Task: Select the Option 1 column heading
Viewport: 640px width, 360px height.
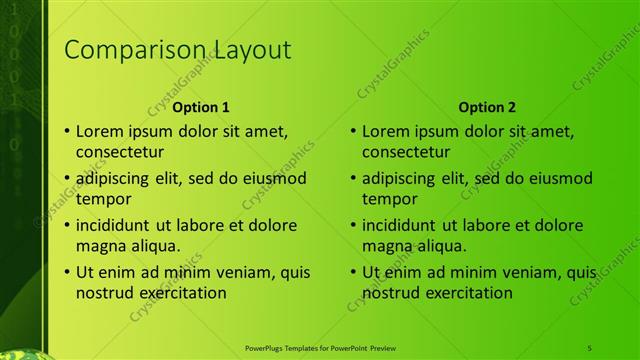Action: coord(201,107)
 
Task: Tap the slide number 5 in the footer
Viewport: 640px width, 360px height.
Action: coord(590,346)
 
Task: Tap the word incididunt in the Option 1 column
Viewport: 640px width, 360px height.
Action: coord(118,225)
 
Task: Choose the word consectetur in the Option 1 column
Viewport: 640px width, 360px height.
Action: coord(120,152)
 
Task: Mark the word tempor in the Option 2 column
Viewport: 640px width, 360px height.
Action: coord(388,199)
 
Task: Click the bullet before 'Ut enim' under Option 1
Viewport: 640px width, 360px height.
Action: coord(66,272)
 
